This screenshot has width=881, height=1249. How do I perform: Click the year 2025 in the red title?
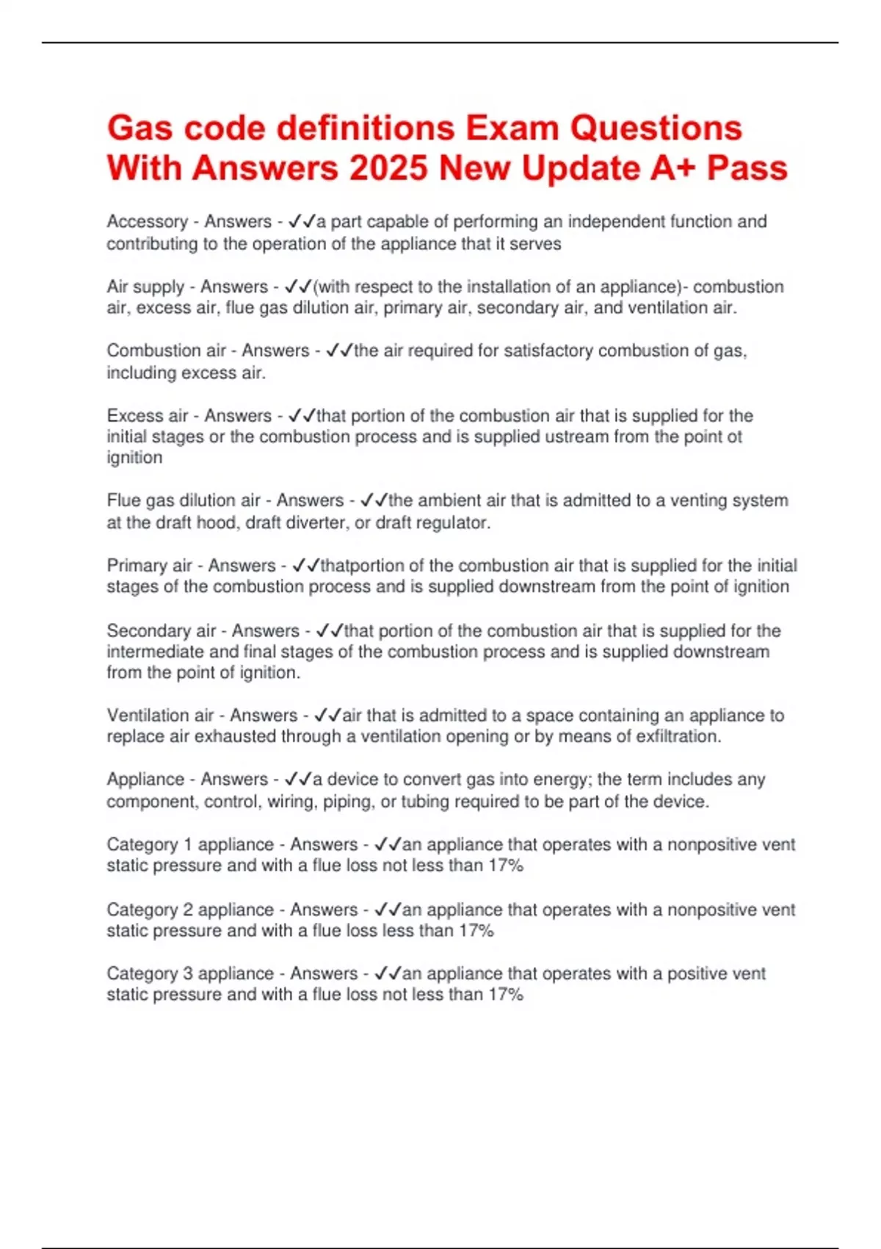[x=388, y=168]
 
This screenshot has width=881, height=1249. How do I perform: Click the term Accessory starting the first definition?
[x=147, y=222]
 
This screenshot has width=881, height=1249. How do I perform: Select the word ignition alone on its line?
[x=134, y=457]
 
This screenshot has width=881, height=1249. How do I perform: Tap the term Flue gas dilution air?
[x=184, y=501]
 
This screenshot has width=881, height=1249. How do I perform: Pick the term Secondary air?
[x=161, y=631]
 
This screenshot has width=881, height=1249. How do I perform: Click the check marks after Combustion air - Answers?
[x=338, y=351]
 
